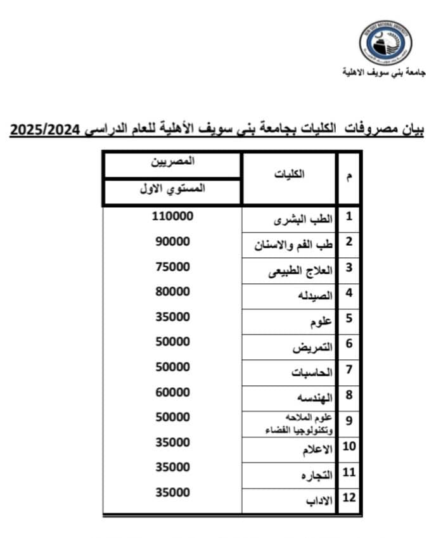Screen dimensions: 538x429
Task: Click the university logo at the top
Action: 385,42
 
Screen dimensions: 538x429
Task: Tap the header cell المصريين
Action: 172,162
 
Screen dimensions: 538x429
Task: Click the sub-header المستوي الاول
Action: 172,189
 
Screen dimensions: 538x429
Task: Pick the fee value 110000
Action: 172,216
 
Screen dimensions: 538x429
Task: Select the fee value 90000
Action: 172,241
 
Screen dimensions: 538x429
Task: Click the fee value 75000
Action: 172,267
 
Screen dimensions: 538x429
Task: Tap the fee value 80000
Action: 172,291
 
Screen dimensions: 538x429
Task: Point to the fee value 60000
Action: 172,392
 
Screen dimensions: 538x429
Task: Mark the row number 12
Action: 349,497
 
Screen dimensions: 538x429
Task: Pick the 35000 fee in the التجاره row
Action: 172,467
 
